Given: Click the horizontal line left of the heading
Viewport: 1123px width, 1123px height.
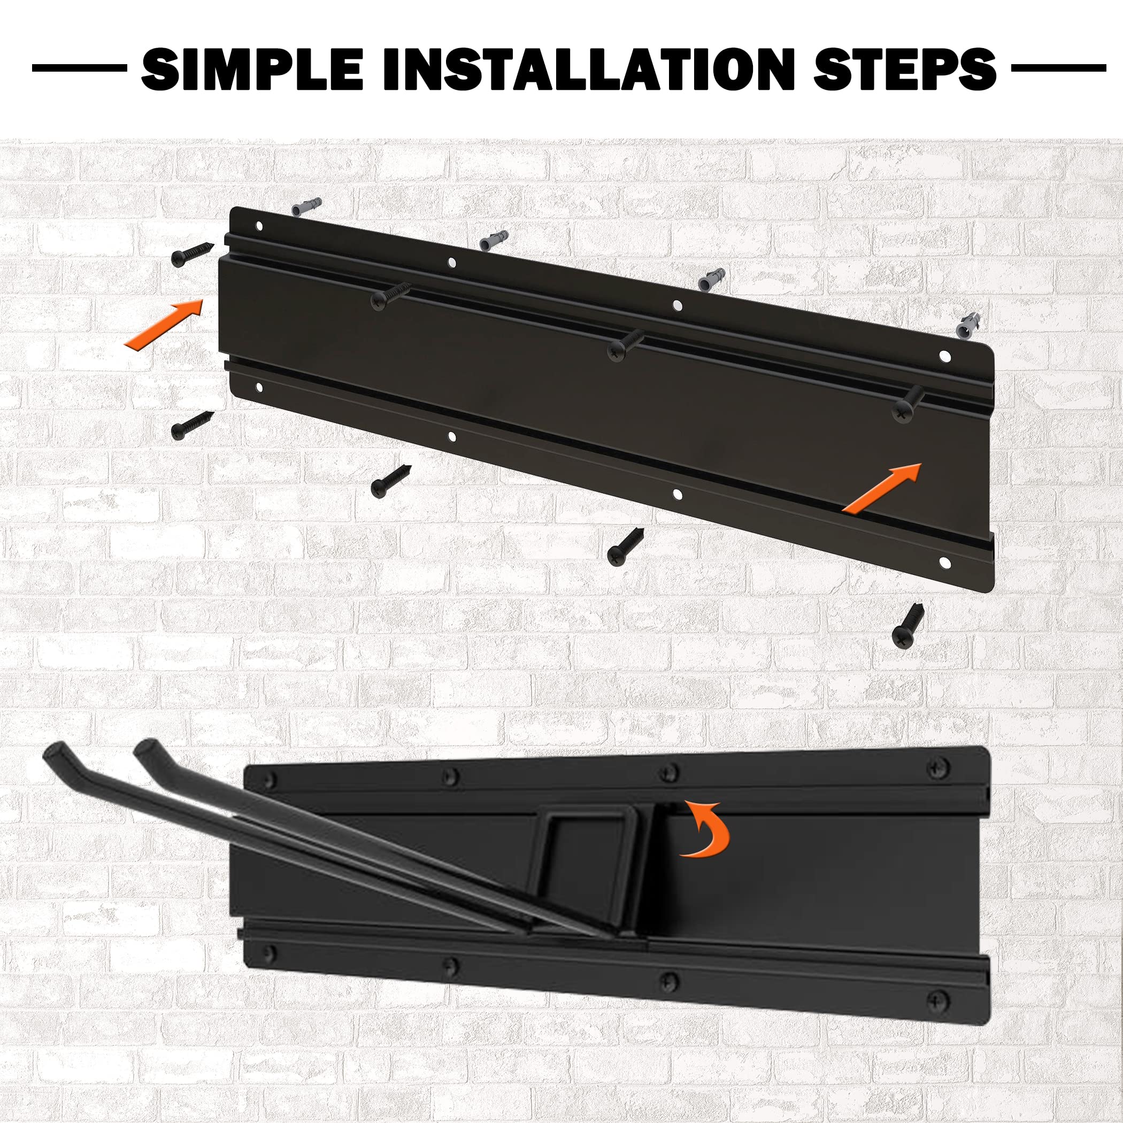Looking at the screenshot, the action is [x=79, y=68].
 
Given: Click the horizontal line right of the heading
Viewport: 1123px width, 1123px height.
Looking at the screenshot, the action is [x=1058, y=68].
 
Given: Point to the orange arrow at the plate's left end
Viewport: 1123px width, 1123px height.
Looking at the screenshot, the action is [x=165, y=324].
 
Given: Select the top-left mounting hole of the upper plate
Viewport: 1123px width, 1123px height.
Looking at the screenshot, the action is [x=259, y=226].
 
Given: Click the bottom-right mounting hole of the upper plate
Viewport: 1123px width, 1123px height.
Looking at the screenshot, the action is [x=943, y=563].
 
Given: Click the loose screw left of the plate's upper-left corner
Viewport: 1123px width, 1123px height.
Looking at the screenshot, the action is [x=193, y=254].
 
